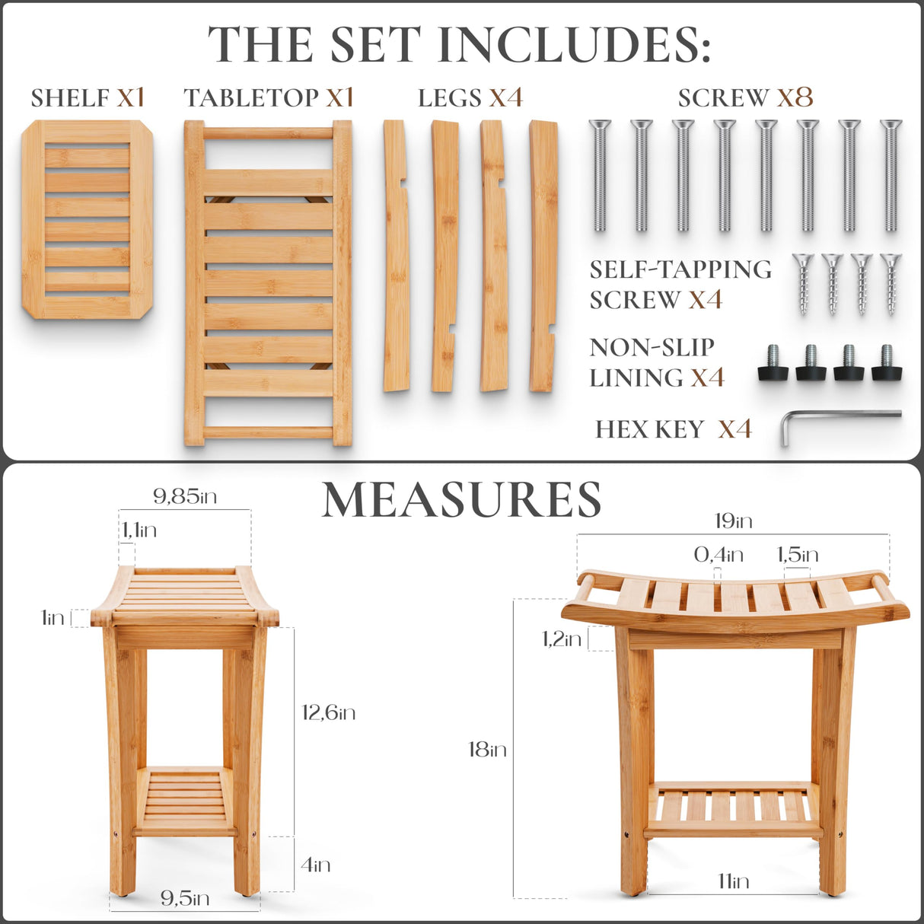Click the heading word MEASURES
pyautogui.click(x=462, y=500)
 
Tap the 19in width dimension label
pyautogui.click(x=733, y=521)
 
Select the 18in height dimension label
pyautogui.click(x=487, y=750)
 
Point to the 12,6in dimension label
pyautogui.click(x=328, y=712)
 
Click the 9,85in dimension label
pyautogui.click(x=185, y=497)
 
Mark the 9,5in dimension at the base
pyautogui.click(x=185, y=898)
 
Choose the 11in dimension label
pyautogui.click(x=733, y=881)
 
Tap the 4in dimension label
pyautogui.click(x=315, y=865)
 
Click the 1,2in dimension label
pyautogui.click(x=562, y=639)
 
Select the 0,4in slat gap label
pyautogui.click(x=718, y=555)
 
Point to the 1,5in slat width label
pyautogui.click(x=797, y=555)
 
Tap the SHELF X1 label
pyautogui.click(x=88, y=97)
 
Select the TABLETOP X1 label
pyautogui.click(x=269, y=97)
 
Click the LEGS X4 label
pyautogui.click(x=470, y=97)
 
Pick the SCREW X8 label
pyautogui.click(x=745, y=97)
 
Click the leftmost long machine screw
pyautogui.click(x=600, y=175)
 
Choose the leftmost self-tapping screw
pyautogui.click(x=803, y=284)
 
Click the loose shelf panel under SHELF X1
pyautogui.click(x=87, y=219)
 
